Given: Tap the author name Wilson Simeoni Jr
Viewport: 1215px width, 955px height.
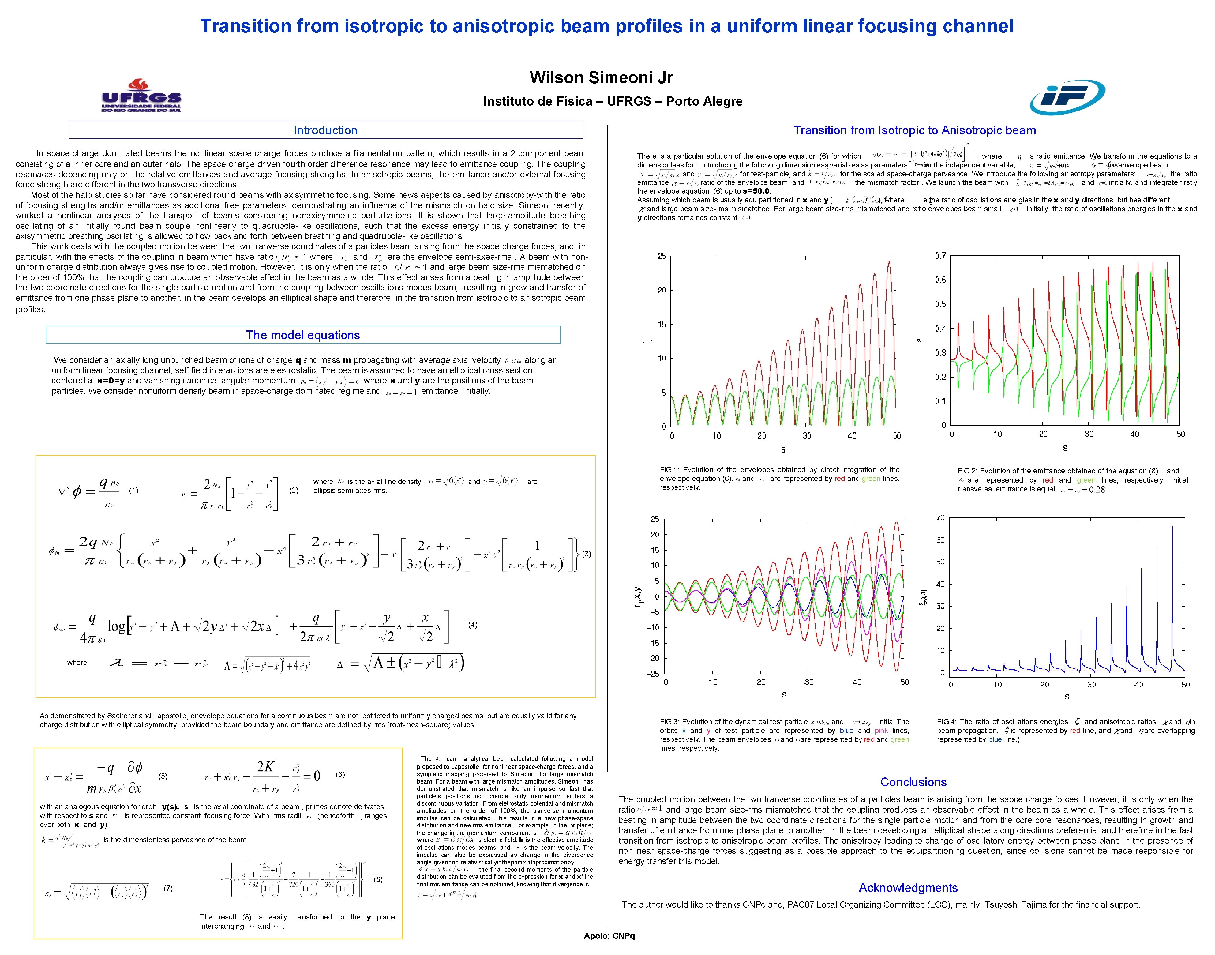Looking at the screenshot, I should point(601,78).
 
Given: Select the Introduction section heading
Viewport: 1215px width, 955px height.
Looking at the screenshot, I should point(325,130).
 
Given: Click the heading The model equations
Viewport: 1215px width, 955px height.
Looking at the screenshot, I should point(303,335).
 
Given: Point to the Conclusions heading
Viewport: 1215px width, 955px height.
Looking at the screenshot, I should point(913,782).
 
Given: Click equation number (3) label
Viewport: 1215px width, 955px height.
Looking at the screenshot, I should point(586,554).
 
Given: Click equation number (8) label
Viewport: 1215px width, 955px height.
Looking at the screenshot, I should point(378,879).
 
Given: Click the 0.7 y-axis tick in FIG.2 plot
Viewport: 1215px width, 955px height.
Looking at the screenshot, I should point(940,256).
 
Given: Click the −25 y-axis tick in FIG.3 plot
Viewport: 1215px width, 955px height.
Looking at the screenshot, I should point(652,674).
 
